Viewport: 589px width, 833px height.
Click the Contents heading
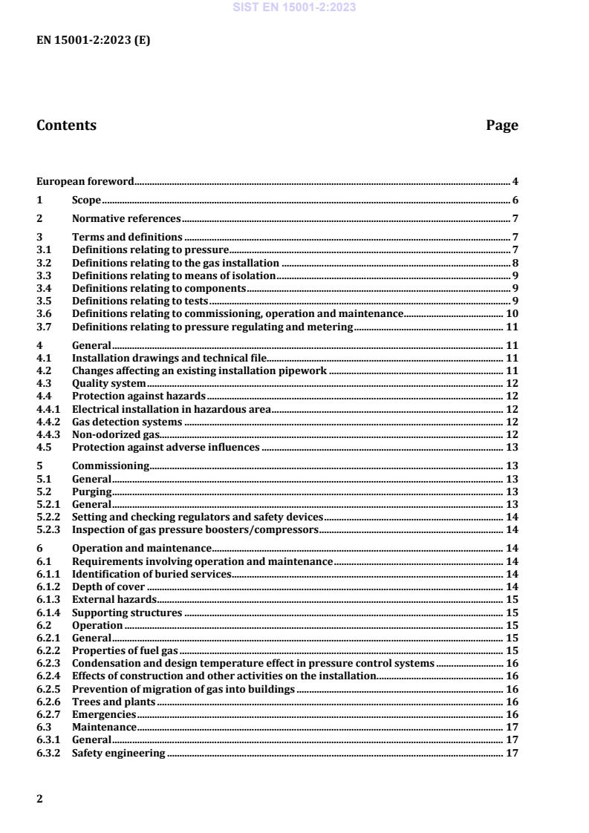click(x=66, y=125)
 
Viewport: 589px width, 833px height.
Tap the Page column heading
click(x=502, y=125)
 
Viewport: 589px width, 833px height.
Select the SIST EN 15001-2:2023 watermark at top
click(x=294, y=7)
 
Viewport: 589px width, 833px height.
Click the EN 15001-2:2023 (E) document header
click(x=93, y=41)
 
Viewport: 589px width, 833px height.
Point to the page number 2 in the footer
click(x=39, y=799)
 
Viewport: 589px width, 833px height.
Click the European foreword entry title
click(x=85, y=181)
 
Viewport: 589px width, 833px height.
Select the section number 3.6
click(x=45, y=314)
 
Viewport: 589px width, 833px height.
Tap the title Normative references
click(x=126, y=219)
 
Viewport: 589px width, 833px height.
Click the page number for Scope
click(x=515, y=200)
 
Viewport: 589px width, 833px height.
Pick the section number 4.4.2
click(x=48, y=422)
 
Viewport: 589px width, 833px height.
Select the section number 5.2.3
click(x=48, y=530)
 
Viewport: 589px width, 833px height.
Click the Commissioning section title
click(x=111, y=466)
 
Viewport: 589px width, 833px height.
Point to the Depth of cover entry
click(x=108, y=587)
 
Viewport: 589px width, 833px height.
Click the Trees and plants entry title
click(x=113, y=702)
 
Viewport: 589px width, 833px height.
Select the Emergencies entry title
click(x=104, y=714)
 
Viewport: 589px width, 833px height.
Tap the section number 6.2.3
click(x=48, y=663)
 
